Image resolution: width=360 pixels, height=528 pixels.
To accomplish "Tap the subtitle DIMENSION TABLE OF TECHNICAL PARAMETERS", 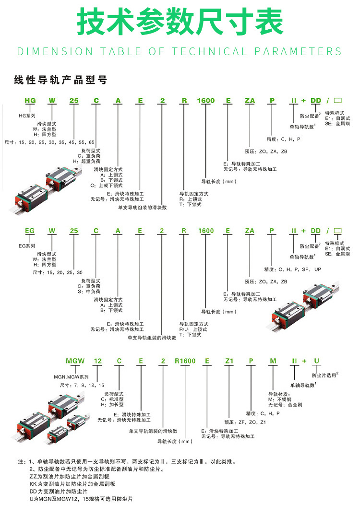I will (180, 51).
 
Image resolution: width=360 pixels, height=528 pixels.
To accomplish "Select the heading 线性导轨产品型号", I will (60, 80).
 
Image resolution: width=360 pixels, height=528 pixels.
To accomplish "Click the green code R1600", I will (185, 361).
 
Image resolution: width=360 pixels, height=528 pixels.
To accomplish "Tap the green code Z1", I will (229, 361).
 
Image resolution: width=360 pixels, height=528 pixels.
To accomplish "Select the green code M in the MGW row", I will (273, 361).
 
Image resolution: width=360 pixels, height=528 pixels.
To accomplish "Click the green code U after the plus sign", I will (316, 361).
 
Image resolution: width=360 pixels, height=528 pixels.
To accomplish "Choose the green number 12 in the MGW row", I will (97, 361).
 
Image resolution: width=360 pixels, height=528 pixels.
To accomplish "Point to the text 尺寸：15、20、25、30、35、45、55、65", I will (49, 142).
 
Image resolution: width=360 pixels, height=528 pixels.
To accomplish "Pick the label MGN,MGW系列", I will (71, 377).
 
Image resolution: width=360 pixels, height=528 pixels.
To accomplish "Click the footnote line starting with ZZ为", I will (70, 477).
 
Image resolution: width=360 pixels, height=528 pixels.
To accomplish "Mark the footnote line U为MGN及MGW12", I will (81, 499).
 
